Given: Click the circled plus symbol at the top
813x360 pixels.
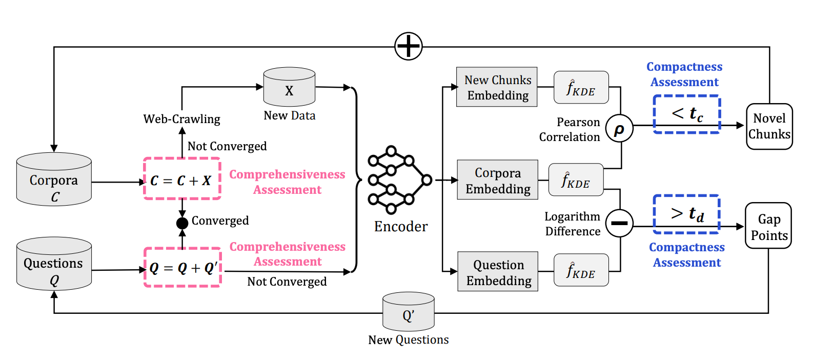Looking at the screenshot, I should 409,46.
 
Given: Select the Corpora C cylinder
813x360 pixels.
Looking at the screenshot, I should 54,180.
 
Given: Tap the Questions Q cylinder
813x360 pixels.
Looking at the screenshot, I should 54,264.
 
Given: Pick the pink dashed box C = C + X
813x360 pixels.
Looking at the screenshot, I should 182,179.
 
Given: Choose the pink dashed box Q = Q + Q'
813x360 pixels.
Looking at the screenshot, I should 182,267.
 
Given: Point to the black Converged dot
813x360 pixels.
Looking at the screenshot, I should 182,223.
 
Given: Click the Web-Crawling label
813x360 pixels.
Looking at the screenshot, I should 181,119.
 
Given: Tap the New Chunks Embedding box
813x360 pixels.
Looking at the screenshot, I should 497,87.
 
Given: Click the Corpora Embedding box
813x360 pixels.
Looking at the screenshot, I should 497,179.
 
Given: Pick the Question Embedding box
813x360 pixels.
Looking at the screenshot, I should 498,271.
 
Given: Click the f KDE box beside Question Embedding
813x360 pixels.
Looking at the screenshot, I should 581,270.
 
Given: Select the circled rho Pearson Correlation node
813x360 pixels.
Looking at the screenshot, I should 619,128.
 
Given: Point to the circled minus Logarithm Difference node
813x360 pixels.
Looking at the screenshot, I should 619,223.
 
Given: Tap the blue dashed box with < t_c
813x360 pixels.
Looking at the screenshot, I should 687,114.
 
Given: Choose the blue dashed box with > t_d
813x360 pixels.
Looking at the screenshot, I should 687,213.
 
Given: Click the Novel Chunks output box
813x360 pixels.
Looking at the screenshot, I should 769,127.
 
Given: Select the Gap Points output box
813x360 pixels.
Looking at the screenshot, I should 768,226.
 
